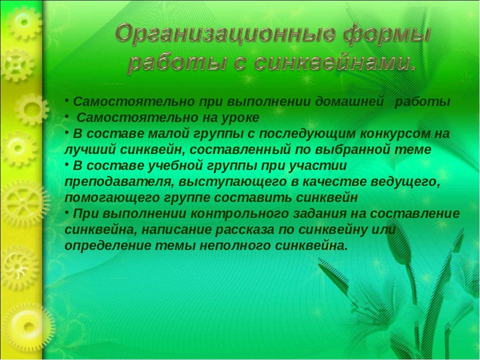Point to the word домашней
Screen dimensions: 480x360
click(349, 101)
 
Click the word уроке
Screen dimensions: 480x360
click(240, 118)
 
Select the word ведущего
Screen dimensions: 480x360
click(405, 182)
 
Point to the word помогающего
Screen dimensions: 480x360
click(112, 198)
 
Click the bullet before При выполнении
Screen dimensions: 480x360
click(66, 211)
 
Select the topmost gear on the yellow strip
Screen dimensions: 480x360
click(24, 22)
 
